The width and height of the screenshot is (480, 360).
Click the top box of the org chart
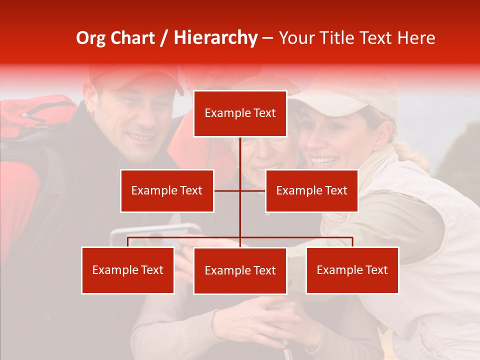pyautogui.click(x=240, y=113)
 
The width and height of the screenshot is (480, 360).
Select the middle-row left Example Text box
pyautogui.click(x=167, y=190)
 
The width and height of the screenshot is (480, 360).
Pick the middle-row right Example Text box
pyautogui.click(x=311, y=190)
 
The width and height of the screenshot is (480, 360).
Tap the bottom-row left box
pyautogui.click(x=127, y=270)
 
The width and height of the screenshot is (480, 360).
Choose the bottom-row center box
pyautogui.click(x=240, y=270)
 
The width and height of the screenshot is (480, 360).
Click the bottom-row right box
pyautogui.click(x=352, y=270)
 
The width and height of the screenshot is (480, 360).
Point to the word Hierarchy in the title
pyautogui.click(x=215, y=38)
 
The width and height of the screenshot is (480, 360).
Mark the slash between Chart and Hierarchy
pyautogui.click(x=165, y=38)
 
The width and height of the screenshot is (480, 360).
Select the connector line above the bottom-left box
pyautogui.click(x=127, y=242)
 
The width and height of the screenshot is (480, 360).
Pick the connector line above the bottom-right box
pyautogui.click(x=352, y=242)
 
